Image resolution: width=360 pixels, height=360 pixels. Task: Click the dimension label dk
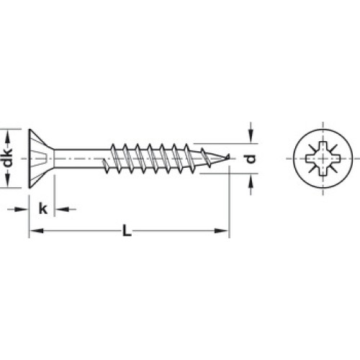click(x=9, y=158)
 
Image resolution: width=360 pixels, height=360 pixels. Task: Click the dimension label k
click(x=43, y=208)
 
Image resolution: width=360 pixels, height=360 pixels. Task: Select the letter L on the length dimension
click(x=127, y=230)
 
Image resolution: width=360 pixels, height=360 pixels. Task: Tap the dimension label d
click(x=251, y=158)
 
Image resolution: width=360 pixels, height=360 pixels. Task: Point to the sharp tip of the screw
click(x=229, y=156)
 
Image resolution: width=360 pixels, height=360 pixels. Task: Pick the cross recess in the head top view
click(x=323, y=158)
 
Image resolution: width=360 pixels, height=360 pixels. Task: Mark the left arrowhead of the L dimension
click(x=37, y=230)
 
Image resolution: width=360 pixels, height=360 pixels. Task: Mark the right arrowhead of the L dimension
click(x=221, y=230)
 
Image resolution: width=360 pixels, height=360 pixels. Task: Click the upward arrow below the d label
click(x=251, y=184)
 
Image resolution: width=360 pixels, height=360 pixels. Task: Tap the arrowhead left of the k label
click(x=22, y=210)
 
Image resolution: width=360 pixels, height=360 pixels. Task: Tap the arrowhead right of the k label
click(x=62, y=210)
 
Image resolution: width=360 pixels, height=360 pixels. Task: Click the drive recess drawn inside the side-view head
click(x=40, y=158)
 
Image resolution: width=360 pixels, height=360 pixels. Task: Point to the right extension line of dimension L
click(x=230, y=202)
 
